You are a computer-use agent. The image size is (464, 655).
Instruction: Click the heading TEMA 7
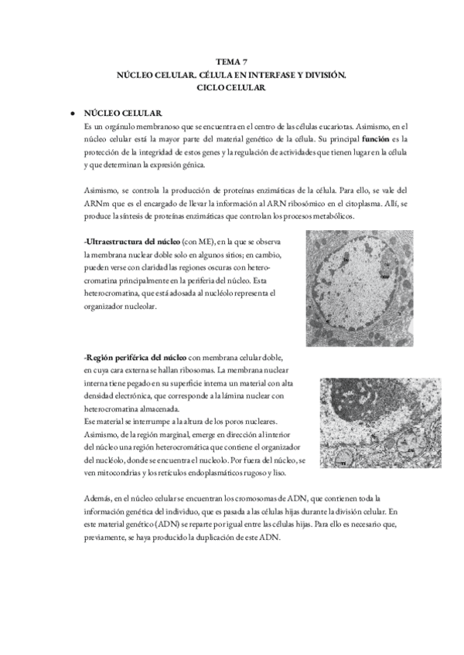pos(231,62)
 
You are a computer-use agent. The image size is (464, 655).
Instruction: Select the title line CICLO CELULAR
pos(231,89)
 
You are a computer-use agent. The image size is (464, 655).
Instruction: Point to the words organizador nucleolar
pos(120,307)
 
